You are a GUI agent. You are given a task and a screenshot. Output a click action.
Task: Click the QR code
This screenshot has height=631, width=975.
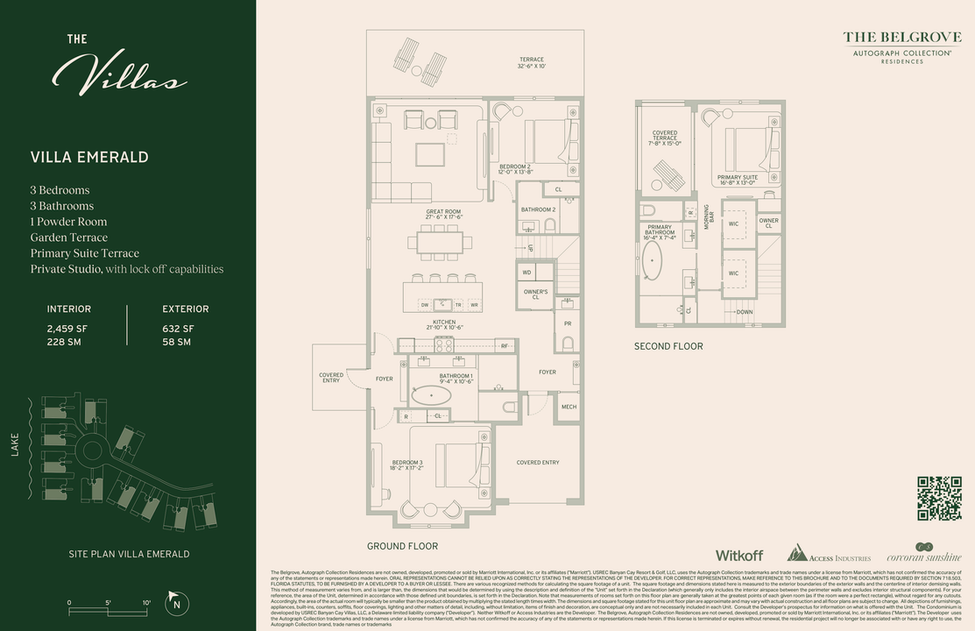pos(939,499)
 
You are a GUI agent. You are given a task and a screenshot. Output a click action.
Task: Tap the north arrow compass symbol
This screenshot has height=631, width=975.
pos(177,602)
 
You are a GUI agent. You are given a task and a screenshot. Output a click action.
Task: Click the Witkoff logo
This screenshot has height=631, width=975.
pos(738,556)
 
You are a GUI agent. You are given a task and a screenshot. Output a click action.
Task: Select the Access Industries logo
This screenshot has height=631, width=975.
pos(828,554)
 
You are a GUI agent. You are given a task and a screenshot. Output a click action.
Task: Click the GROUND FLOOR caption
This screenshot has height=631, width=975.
pos(402,546)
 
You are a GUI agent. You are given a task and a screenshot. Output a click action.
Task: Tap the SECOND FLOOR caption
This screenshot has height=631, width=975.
pos(668,346)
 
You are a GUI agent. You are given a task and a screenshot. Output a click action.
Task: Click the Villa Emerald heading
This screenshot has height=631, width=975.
pos(89,158)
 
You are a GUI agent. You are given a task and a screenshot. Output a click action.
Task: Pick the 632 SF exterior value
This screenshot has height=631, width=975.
pos(178,329)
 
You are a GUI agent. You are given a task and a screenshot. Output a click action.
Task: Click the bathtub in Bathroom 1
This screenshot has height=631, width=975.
pos(431,395)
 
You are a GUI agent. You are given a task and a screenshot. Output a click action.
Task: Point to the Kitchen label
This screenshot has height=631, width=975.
pos(443,324)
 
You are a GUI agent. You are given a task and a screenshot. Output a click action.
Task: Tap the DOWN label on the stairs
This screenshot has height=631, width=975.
pos(744,312)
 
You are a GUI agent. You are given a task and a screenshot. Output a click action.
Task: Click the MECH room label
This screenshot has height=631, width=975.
pos(569,407)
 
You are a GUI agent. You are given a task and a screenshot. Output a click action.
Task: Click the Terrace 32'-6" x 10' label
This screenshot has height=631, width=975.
pos(531,62)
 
